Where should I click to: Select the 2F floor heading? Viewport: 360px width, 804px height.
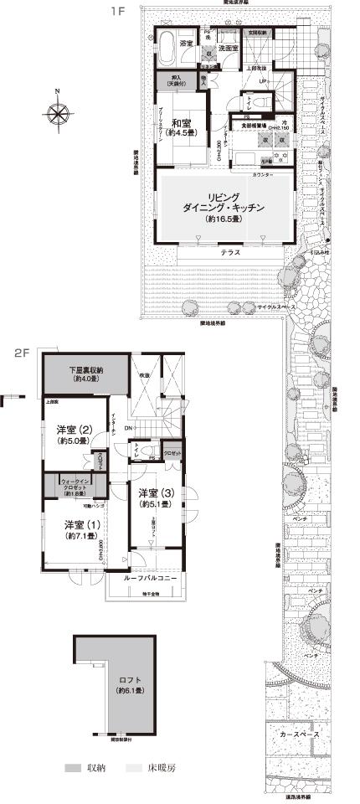(21, 352)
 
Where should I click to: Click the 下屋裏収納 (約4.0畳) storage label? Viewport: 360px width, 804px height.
(86, 374)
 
